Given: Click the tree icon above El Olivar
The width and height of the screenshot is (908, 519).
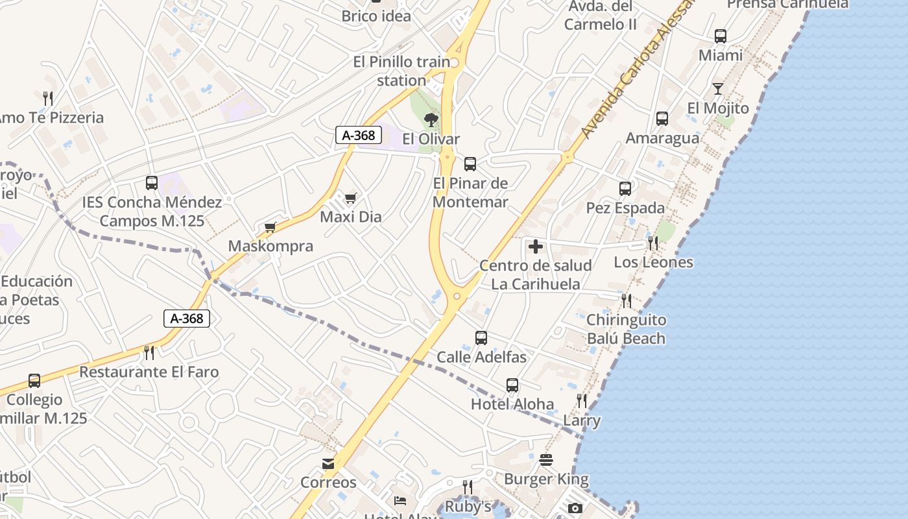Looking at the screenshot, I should (431, 119).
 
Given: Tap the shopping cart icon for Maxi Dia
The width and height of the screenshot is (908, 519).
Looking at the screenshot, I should (351, 198).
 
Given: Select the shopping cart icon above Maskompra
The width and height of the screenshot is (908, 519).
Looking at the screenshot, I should (270, 227).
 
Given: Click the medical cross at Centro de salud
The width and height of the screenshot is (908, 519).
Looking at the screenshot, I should (536, 247).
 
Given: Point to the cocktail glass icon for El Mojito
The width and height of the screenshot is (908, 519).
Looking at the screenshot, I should (718, 89).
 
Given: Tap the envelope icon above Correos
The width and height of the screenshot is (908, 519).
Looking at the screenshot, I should (328, 464).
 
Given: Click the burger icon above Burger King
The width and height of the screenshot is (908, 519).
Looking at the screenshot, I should (546, 460).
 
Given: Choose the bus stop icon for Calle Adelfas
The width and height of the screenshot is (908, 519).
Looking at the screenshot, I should (481, 338).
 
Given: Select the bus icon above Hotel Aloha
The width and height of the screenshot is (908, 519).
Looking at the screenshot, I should (512, 385).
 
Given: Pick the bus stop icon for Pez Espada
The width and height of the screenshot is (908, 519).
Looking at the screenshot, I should (625, 189).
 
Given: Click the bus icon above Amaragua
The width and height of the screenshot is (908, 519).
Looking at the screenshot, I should (662, 119).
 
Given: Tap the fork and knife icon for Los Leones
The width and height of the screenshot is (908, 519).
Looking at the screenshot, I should (653, 243).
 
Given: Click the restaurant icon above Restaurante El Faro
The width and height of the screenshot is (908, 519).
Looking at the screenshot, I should (149, 353).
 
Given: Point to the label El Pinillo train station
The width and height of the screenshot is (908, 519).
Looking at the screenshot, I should (401, 71).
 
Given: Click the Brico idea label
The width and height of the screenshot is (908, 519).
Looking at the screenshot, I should (376, 16).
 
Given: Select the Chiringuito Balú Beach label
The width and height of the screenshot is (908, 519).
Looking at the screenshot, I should (626, 329).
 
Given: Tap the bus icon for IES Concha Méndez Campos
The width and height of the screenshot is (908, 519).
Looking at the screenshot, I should (152, 183).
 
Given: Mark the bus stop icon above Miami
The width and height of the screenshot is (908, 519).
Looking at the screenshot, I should (721, 36).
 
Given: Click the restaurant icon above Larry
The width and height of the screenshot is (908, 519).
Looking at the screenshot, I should (582, 401).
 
